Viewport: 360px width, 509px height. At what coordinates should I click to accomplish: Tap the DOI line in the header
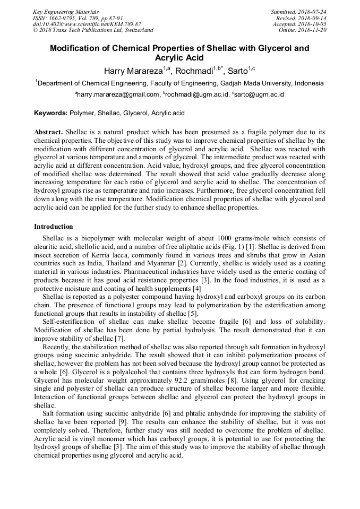[87, 24]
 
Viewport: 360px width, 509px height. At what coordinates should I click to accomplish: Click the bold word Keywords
[50, 113]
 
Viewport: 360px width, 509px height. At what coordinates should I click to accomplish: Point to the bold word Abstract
[48, 131]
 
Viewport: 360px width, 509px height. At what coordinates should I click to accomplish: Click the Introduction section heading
[54, 227]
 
